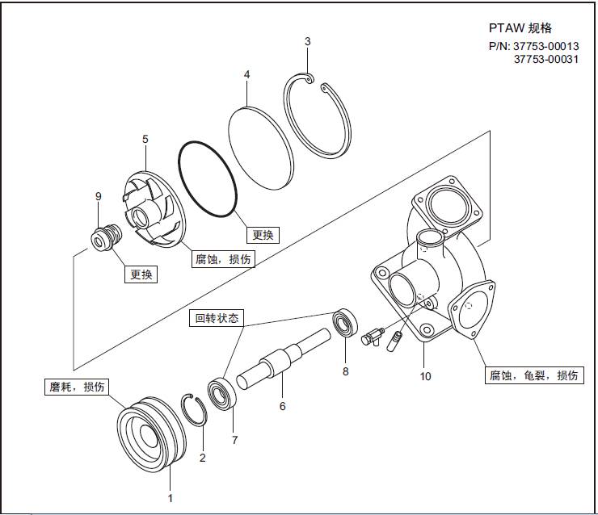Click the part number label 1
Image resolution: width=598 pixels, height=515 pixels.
pos(170,498)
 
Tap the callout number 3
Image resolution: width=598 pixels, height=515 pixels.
pos(308,41)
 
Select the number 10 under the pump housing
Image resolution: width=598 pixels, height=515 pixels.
pos(426,376)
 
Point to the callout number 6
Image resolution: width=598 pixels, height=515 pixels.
pos(282,406)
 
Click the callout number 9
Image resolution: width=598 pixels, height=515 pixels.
pos(98,196)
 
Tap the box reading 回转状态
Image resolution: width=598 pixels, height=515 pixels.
pos(216,317)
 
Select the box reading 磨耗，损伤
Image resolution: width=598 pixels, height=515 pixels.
pos(74,387)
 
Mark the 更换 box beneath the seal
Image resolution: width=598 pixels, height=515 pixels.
pos(140,274)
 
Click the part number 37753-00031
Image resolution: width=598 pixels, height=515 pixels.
pos(545,59)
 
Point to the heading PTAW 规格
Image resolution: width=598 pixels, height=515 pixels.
pos(520,28)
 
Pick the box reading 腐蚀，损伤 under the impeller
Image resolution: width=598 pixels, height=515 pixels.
pos(221,260)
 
